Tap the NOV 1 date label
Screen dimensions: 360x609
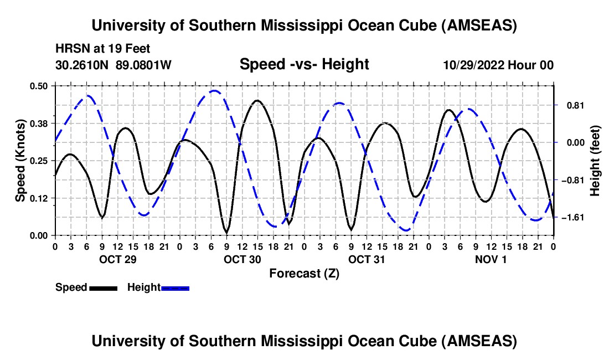491,259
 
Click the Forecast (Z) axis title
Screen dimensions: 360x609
304,273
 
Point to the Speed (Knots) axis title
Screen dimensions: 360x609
20,160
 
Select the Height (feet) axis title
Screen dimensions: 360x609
595,160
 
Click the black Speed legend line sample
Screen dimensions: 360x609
102,288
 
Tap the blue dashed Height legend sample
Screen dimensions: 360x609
175,288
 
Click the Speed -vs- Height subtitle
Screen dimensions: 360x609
304,64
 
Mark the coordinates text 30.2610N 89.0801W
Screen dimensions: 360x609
113,65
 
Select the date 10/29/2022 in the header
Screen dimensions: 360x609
475,65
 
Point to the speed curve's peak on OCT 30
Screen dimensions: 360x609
257,101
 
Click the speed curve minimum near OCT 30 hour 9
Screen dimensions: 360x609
226,232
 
